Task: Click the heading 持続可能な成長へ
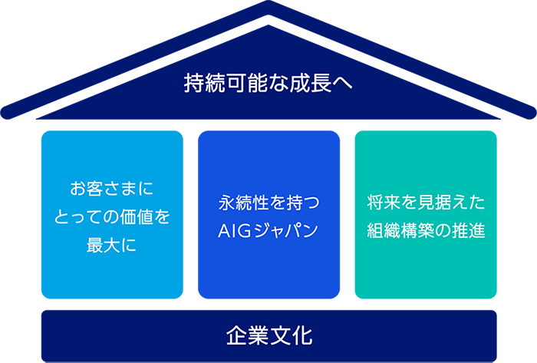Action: pyautogui.click(x=268, y=82)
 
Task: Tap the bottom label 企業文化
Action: pyautogui.click(x=269, y=335)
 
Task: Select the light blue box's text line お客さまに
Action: pyautogui.click(x=112, y=188)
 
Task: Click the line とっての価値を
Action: pyautogui.click(x=112, y=217)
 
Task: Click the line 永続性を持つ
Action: pyautogui.click(x=268, y=203)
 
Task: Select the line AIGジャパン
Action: pyautogui.click(x=268, y=232)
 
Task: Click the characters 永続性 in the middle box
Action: pyautogui.click(x=244, y=203)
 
